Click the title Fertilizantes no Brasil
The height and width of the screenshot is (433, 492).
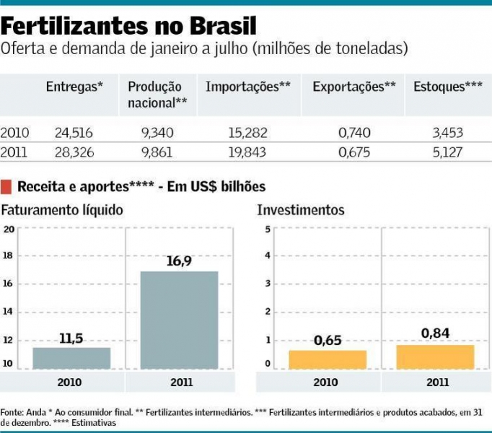[128, 27]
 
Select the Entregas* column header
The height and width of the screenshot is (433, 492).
[74, 87]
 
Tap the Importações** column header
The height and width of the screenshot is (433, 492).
[248, 87]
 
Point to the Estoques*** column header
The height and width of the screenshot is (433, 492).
[448, 87]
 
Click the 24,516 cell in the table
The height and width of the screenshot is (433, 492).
[74, 133]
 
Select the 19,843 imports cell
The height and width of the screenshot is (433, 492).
[247, 152]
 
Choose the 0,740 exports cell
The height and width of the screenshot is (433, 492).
[353, 133]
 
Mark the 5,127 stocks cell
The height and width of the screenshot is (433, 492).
[447, 152]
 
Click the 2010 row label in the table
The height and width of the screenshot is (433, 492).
[15, 133]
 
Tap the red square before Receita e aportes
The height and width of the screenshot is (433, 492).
[6, 186]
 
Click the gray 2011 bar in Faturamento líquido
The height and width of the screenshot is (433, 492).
[179, 320]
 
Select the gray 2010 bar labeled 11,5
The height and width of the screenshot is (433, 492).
[71, 358]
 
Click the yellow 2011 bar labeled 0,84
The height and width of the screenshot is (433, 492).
[435, 357]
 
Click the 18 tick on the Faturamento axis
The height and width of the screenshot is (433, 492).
[9, 255]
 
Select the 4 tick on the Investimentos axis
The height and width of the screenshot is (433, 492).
[268, 255]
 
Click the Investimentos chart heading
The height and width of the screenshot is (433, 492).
[301, 210]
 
